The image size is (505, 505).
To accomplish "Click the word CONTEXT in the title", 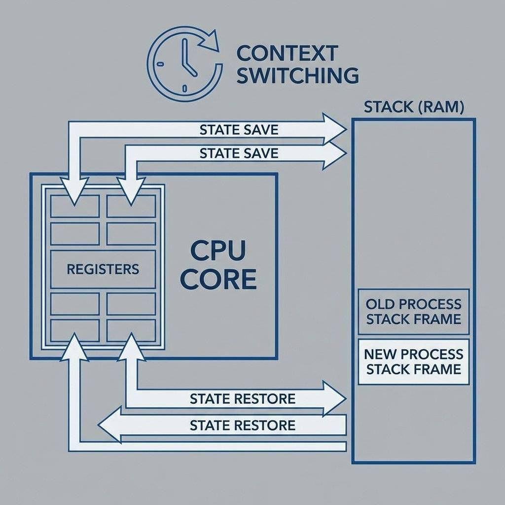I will coord(287,53).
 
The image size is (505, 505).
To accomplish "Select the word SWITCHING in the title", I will coord(297,75).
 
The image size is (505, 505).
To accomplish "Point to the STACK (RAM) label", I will coord(413,108).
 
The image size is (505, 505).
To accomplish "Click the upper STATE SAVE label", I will coord(239,130).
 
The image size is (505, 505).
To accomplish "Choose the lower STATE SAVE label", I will coord(239,153).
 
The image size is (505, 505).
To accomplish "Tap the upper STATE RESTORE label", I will coord(242,398).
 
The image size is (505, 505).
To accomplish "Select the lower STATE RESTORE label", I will coord(242,425).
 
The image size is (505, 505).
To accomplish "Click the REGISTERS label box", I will coord(103,269).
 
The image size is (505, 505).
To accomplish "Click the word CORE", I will coord(217,279).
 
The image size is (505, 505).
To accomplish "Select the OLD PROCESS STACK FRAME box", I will coord(413,311).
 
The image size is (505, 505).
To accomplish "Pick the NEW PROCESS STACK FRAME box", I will coord(413,361).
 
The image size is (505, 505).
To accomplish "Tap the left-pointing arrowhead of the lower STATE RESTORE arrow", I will coord(108,424).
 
